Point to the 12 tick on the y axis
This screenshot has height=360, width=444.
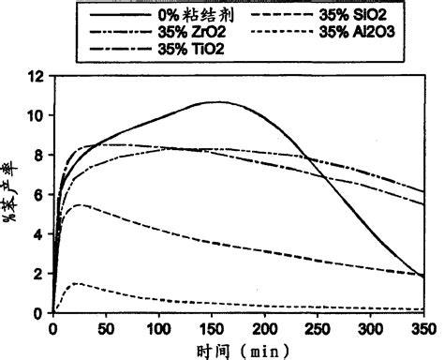tap(35, 76)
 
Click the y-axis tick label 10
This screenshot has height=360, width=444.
tap(35, 115)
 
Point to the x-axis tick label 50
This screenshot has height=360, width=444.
tap(106, 328)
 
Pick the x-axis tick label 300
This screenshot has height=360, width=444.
tap(371, 328)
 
